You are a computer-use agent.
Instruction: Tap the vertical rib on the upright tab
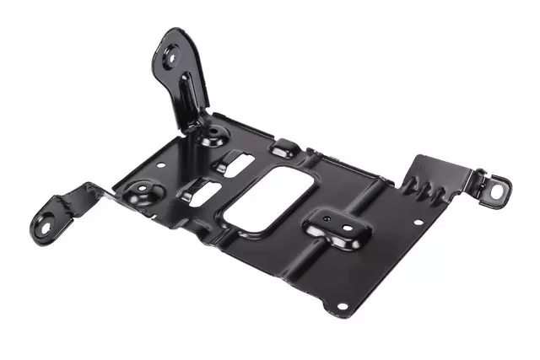pyautogui.click(x=187, y=93)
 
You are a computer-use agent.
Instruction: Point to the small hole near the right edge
pyautogui.click(x=417, y=222)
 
